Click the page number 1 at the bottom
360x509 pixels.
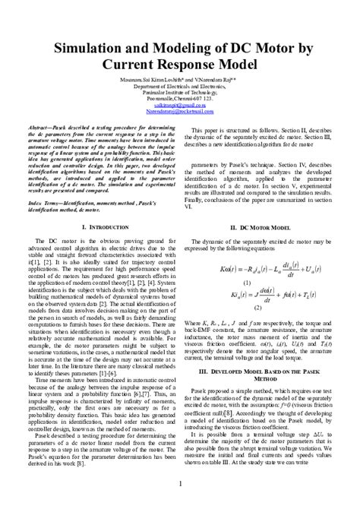[x=180, y=483]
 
